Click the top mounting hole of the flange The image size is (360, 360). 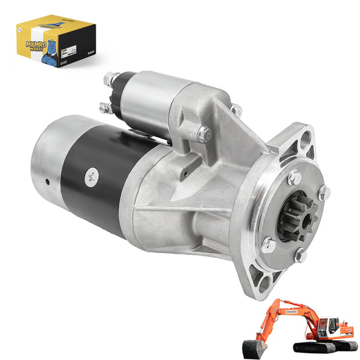306,139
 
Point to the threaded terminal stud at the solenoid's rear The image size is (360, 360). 108,79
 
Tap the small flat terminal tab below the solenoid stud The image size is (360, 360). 103,108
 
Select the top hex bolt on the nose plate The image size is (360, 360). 294,178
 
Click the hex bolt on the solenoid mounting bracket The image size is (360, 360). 202,133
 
